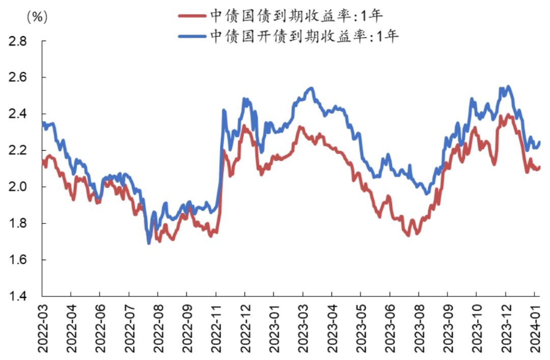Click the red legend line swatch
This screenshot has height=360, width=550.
193,15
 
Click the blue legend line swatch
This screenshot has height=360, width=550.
193,36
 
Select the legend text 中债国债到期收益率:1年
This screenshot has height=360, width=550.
296,15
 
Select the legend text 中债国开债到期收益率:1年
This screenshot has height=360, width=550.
305,36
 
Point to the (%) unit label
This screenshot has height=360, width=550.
36,17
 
